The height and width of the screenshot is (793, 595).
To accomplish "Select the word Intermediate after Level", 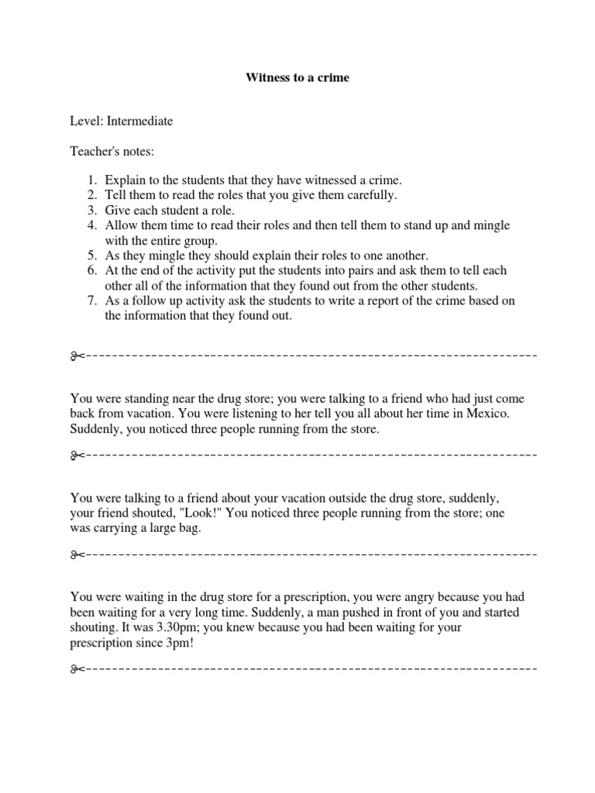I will click(140, 121).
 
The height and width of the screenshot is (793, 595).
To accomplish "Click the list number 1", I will click(91, 180).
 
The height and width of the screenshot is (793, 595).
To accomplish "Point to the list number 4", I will click(91, 225).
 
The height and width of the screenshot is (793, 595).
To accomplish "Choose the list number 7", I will click(91, 300).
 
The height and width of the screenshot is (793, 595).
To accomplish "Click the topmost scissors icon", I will click(76, 357).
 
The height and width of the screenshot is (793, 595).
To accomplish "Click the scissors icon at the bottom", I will click(76, 668).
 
